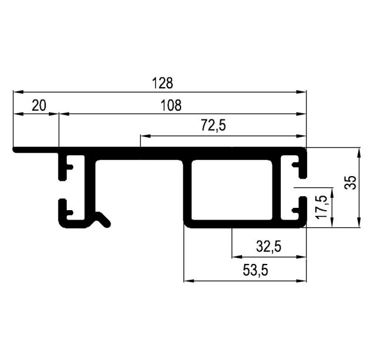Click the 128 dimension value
162,83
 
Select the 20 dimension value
39,105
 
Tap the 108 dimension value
171,105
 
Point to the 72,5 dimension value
213,125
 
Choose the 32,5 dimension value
268,246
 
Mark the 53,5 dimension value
255,270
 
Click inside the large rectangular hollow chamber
231,190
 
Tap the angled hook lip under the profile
103,219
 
